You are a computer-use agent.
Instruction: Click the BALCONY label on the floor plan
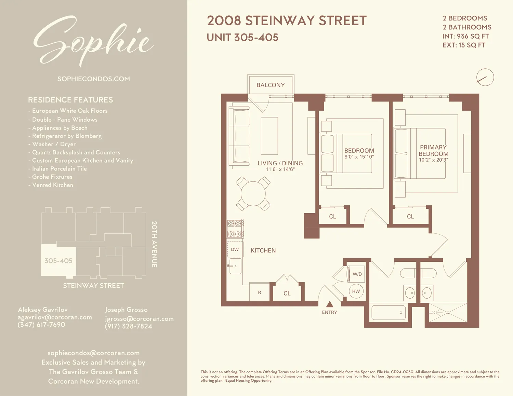271,85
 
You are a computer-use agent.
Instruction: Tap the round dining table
253,194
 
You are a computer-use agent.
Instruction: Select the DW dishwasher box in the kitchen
235,249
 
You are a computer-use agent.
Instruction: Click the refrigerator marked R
260,292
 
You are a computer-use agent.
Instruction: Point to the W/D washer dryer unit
357,274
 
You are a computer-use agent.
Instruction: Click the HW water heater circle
356,291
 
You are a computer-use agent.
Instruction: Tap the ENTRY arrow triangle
329,304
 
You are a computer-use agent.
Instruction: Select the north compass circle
485,77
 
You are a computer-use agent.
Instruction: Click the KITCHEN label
263,250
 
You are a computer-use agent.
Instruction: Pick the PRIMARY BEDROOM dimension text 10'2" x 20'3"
433,160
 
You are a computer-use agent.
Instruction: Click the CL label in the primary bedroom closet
410,217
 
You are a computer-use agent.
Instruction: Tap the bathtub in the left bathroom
389,312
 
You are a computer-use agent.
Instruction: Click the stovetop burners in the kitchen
235,229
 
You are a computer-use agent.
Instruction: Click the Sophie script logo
93,41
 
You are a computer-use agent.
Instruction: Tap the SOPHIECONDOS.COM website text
94,79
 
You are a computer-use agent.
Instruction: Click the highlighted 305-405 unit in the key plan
58,261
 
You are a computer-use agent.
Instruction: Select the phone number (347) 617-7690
41,325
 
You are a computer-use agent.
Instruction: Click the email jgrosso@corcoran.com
139,319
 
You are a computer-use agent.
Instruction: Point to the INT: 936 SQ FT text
465,36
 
